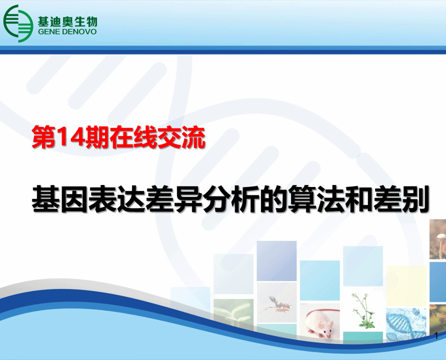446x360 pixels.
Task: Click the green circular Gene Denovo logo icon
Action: pos(18,23)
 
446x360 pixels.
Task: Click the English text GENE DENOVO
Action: pos(67,32)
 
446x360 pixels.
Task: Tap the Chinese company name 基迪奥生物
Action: pos(68,21)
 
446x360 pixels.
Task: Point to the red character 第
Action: pos(44,138)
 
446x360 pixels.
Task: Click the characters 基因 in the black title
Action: pos(60,199)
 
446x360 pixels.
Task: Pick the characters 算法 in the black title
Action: pos(316,199)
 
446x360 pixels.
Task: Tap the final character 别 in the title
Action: pos(415,199)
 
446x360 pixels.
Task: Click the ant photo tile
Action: pos(277,303)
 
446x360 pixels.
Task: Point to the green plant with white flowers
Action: pos(363,311)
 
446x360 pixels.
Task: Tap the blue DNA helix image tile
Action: pos(407,324)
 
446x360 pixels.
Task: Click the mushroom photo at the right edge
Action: pos(438,239)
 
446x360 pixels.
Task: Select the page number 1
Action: pos(436,336)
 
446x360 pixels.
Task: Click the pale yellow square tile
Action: pos(407,286)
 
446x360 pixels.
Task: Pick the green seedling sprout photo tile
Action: pos(234,313)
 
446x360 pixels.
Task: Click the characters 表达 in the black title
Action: pos(117,199)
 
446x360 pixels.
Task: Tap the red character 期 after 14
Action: pos(97,138)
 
